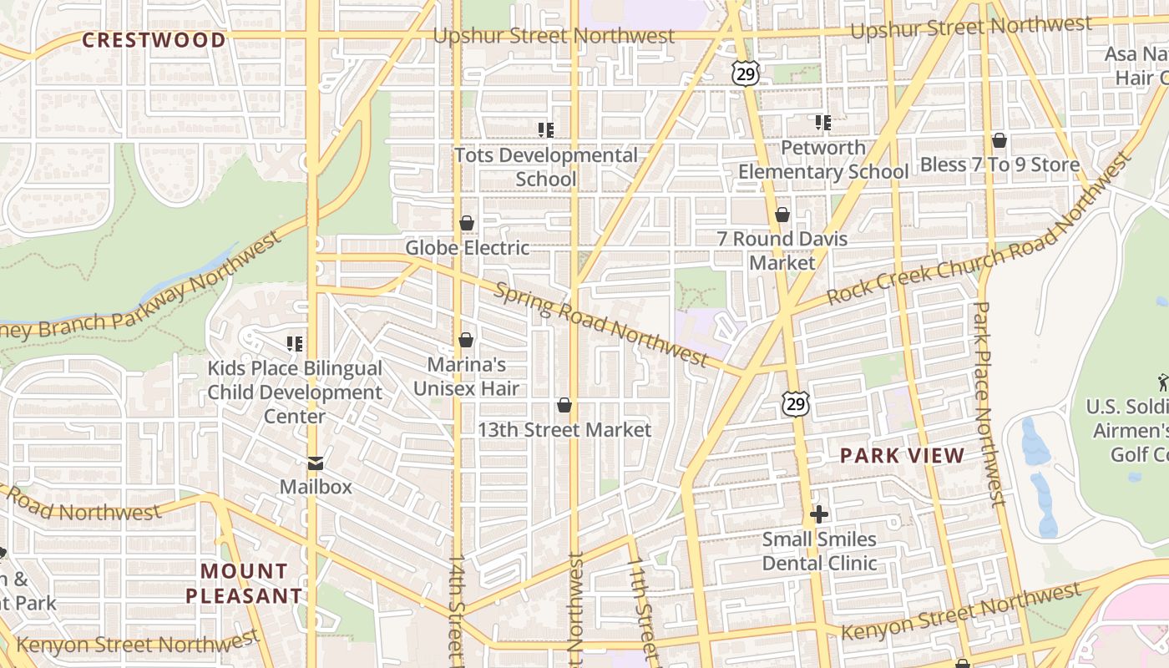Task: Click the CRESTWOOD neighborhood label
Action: (154, 40)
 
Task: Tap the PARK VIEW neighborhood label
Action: (902, 456)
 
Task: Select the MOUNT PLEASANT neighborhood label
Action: (244, 584)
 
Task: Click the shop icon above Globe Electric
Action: (467, 223)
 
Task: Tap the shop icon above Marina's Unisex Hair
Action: (466, 340)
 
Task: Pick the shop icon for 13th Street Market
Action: (564, 405)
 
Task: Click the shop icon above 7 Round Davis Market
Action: (782, 215)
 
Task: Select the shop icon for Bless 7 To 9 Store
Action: (999, 139)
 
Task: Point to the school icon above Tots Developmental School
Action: (546, 129)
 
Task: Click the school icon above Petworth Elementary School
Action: (823, 123)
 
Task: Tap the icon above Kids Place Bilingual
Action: (294, 343)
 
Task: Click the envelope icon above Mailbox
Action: (315, 463)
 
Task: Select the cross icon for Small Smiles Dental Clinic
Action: (819, 514)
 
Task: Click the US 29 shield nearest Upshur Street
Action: (746, 73)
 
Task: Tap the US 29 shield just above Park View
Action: (796, 404)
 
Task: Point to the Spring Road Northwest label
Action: (601, 325)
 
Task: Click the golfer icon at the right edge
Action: (1163, 382)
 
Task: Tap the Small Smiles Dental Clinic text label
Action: (819, 551)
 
